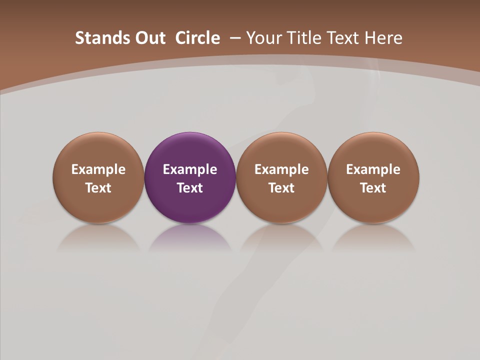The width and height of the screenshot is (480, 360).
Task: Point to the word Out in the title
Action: [148, 38]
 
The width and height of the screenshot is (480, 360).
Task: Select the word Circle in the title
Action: [197, 38]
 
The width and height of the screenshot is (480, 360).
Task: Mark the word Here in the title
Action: [383, 38]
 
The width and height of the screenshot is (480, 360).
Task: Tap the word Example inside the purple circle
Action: [190, 169]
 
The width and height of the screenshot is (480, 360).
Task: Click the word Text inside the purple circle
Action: [190, 188]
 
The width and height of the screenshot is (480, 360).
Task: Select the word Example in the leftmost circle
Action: [98, 169]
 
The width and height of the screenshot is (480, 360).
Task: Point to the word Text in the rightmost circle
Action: [373, 188]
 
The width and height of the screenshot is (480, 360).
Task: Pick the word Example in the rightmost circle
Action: [373, 169]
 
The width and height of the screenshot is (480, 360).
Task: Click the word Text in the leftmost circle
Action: [98, 188]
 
